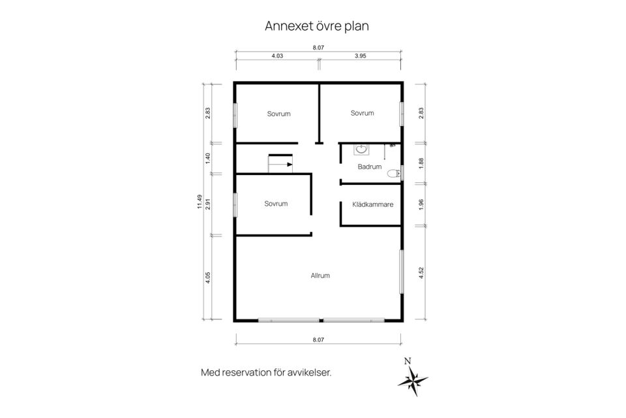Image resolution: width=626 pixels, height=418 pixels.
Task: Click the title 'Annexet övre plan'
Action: (x=317, y=26)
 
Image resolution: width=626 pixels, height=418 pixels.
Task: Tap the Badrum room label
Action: (x=370, y=167)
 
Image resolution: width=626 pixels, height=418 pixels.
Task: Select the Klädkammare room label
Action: (x=373, y=204)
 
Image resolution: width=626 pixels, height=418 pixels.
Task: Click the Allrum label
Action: (x=320, y=276)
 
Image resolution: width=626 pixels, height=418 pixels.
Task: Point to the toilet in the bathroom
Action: (x=394, y=173)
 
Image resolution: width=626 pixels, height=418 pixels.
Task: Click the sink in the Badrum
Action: (x=361, y=149)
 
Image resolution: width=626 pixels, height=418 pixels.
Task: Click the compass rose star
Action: (x=413, y=380)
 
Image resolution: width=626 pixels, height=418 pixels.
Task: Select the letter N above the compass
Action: (x=408, y=361)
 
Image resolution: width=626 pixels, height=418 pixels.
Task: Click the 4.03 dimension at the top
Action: (x=277, y=56)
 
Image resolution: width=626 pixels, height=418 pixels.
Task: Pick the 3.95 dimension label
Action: (x=360, y=56)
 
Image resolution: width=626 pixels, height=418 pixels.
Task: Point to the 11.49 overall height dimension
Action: (x=200, y=202)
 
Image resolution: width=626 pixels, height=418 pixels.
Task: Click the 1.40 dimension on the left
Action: (x=207, y=159)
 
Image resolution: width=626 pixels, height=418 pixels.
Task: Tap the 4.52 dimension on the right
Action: (x=421, y=273)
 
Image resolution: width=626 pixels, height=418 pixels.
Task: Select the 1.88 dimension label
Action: (x=421, y=163)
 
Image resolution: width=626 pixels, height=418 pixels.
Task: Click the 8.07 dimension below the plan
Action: (x=318, y=340)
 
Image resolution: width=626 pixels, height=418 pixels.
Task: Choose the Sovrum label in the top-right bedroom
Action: (x=362, y=113)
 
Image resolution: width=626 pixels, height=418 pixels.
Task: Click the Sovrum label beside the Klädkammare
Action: (x=276, y=204)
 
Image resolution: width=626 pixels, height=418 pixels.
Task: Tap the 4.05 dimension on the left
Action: (x=207, y=278)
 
